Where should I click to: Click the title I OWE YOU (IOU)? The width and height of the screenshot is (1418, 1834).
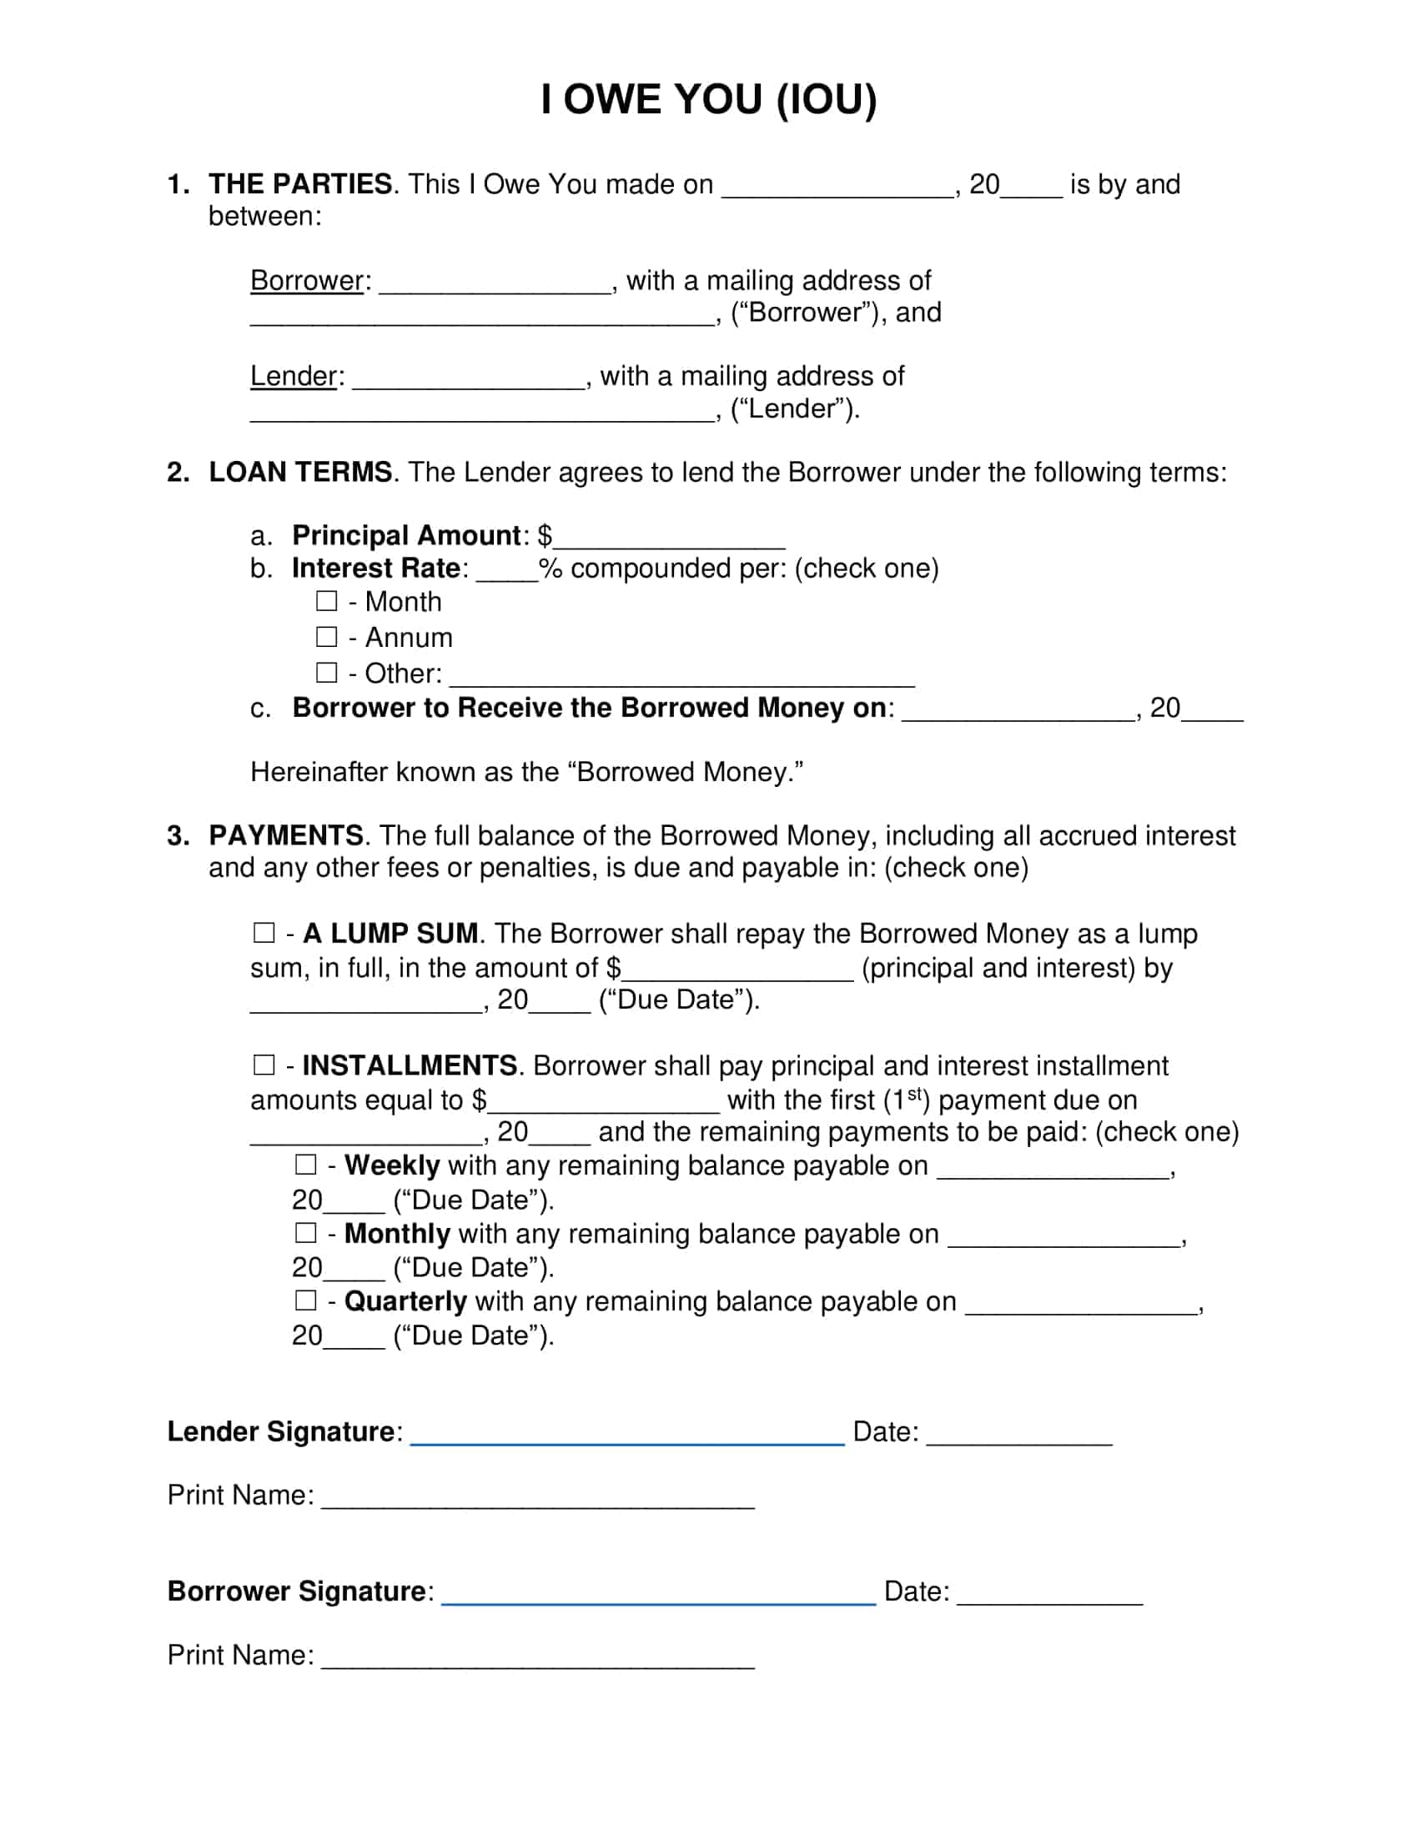(x=708, y=99)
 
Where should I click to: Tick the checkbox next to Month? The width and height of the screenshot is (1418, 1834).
(x=327, y=601)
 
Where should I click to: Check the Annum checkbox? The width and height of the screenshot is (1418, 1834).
(x=327, y=638)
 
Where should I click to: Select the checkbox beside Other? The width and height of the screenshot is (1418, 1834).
(x=327, y=673)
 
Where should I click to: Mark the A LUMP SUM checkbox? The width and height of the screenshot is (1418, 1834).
(x=264, y=933)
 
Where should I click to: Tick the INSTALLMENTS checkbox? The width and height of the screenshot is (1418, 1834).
(x=264, y=1065)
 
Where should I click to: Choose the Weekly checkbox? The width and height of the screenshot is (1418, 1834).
(x=306, y=1165)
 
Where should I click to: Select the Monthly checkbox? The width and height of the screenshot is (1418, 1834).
(x=306, y=1233)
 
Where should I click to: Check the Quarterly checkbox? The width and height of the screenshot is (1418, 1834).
(x=306, y=1300)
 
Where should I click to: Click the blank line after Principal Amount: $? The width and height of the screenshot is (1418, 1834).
(x=669, y=542)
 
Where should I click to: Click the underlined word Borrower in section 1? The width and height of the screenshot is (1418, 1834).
(x=308, y=280)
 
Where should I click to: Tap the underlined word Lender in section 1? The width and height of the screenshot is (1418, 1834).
(x=294, y=376)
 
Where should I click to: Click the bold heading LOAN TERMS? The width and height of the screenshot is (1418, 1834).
(x=300, y=472)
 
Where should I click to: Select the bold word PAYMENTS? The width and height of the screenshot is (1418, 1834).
(x=285, y=835)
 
